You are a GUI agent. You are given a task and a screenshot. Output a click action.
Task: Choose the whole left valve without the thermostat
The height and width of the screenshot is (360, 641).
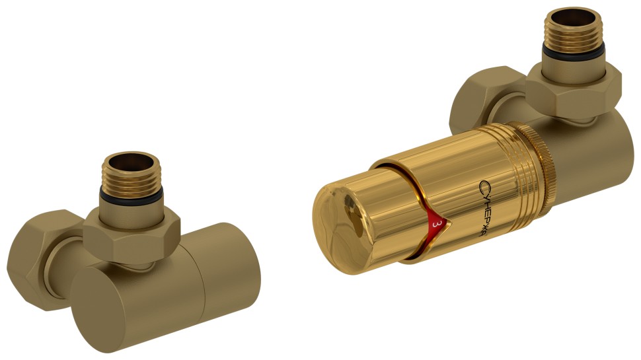[132, 258]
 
